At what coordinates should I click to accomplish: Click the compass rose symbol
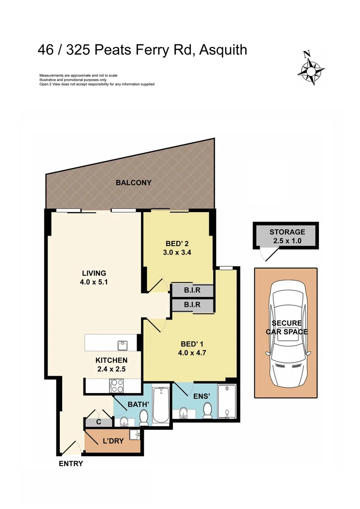click(x=311, y=68)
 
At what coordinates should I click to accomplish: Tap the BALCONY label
click(x=133, y=182)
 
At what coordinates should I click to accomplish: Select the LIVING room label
click(x=94, y=273)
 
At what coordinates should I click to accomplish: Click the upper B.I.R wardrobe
click(x=192, y=290)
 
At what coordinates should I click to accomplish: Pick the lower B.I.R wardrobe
click(x=192, y=305)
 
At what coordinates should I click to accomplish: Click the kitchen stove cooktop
click(x=117, y=386)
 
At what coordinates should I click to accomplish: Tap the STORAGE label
click(x=287, y=232)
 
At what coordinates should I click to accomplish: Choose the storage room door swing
click(x=267, y=254)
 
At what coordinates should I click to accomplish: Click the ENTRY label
click(x=71, y=463)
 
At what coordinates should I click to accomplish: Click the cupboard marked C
click(x=98, y=423)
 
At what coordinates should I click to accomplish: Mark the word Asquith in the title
click(x=223, y=49)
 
